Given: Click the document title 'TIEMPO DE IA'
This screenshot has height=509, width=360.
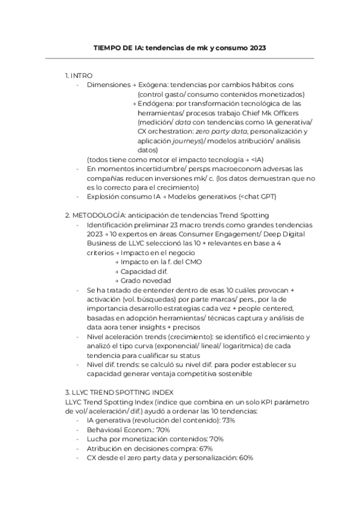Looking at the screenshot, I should (x=121, y=47).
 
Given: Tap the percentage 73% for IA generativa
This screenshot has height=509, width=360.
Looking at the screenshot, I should (x=227, y=420).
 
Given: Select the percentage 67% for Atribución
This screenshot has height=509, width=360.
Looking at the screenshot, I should (x=207, y=448).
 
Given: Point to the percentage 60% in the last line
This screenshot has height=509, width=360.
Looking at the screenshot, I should (x=245, y=457).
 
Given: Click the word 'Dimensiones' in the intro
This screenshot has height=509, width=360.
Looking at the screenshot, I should (x=108, y=85).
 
